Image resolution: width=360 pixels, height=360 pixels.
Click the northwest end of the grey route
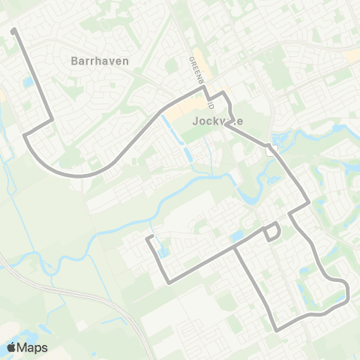click(x=14, y=30)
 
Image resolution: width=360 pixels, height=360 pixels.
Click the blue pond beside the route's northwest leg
click(x=28, y=81)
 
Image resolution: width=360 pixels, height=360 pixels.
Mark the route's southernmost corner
click(x=277, y=329)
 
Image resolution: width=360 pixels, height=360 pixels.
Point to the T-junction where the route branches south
click(x=234, y=247)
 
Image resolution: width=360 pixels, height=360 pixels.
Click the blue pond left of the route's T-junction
click(x=236, y=238)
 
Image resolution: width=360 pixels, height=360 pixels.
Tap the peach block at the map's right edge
click(x=352, y=56)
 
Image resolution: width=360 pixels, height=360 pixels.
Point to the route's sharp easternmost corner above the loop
click(x=308, y=202)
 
